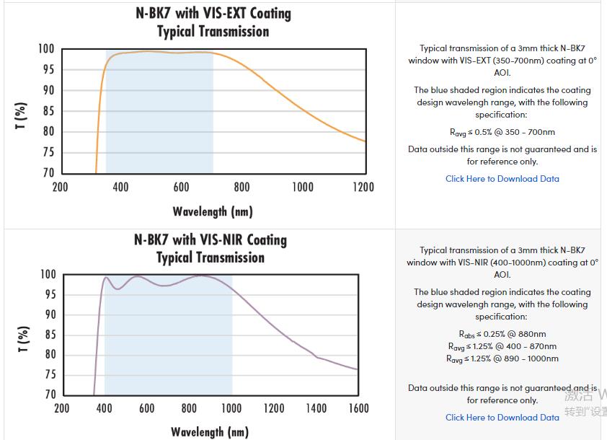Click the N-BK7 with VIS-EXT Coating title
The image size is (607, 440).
213,14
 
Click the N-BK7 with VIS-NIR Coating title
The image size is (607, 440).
211,239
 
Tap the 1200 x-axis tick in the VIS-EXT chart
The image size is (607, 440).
363,187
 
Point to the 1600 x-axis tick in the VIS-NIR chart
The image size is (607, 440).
358,408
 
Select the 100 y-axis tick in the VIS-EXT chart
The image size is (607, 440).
46,49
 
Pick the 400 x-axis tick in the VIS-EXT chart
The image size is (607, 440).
120,187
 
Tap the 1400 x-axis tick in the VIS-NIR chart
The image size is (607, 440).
316,408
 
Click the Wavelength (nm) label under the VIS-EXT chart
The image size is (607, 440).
213,211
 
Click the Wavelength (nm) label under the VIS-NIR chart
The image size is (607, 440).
210,432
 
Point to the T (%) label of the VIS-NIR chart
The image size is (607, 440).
22,338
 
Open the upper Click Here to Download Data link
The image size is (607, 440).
502,179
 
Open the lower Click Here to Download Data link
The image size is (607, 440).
502,418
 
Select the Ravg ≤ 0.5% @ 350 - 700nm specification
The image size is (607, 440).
502,132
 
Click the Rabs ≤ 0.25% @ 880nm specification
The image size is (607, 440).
502,334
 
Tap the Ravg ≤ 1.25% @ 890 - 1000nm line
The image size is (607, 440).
502,358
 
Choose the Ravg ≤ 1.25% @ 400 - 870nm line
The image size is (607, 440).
502,346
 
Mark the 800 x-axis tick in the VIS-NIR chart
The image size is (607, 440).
189,408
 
